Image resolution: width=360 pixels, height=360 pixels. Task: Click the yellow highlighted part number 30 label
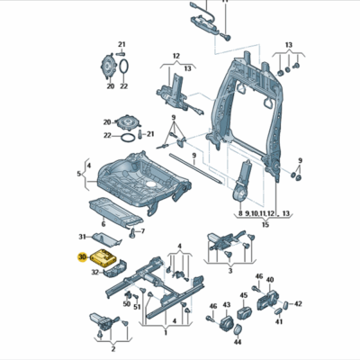pyautogui.click(x=82, y=257)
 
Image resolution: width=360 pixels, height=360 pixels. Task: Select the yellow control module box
pyautogui.click(x=103, y=257)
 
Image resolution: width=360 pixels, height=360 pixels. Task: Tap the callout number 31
pyautogui.click(x=82, y=237)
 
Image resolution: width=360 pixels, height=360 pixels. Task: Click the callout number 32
pyautogui.click(x=94, y=273)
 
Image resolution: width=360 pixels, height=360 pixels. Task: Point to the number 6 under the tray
pyautogui.click(x=103, y=224)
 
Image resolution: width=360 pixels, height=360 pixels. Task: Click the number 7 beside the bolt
pyautogui.click(x=143, y=231)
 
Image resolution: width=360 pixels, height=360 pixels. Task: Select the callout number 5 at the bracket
pyautogui.click(x=79, y=174)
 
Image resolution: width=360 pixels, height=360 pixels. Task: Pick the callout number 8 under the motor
pyautogui.click(x=240, y=213)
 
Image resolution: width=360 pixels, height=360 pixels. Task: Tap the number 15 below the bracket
pyautogui.click(x=265, y=224)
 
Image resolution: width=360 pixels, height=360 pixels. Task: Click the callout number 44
pyautogui.click(x=238, y=342)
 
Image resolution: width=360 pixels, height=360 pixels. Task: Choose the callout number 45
pyautogui.click(x=244, y=295)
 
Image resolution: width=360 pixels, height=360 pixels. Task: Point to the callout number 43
pyautogui.click(x=227, y=305)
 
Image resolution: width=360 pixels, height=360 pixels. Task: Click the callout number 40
pyautogui.click(x=270, y=280)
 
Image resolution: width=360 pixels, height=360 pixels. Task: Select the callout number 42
pyautogui.click(x=298, y=304)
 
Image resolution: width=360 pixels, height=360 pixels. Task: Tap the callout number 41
pyautogui.click(x=279, y=322)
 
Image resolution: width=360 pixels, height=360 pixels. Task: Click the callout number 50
pyautogui.click(x=127, y=304)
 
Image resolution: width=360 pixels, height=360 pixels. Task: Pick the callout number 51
pyautogui.click(x=137, y=307)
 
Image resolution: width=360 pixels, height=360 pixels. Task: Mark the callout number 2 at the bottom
pyautogui.click(x=113, y=349)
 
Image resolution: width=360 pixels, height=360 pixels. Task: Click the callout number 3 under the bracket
pyautogui.click(x=230, y=271)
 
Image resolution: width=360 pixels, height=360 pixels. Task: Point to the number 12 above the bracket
pyautogui.click(x=176, y=56)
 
